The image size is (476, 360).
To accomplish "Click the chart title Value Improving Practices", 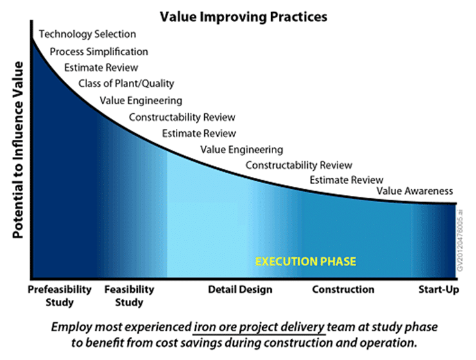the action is [243, 17].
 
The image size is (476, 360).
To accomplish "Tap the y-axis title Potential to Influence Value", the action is [17, 150].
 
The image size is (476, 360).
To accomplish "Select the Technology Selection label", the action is [88, 34].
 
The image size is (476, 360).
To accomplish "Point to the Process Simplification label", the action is [99, 52].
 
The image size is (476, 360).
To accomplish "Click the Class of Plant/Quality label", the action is [126, 83].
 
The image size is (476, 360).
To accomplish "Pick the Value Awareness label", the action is [415, 191].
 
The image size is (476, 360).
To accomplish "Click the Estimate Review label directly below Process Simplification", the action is [101, 68].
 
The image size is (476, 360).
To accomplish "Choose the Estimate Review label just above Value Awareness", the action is [347, 180].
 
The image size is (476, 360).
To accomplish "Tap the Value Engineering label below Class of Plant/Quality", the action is [141, 100].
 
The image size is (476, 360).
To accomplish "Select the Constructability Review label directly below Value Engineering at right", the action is [299, 165].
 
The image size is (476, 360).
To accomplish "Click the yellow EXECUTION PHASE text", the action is [306, 261].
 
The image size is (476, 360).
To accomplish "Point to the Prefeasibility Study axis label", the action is [59, 296].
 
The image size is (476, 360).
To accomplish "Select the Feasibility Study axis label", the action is [129, 296].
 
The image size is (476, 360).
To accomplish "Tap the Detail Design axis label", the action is [240, 290].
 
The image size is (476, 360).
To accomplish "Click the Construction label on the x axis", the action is [343, 290].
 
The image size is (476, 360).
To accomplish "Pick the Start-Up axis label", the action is [439, 290].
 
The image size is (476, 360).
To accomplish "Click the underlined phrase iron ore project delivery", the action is [259, 327].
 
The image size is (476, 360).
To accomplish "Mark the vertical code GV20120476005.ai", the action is [460, 240].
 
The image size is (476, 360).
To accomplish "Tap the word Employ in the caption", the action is [71, 327].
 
